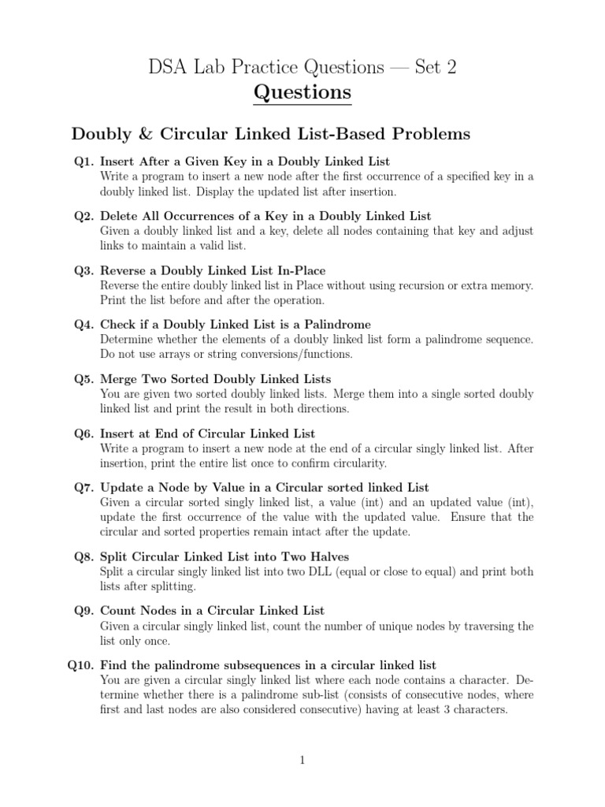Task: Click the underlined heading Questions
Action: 302,93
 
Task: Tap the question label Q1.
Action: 84,162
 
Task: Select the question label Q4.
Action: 84,325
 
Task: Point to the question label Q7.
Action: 84,488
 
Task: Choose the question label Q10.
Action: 81,665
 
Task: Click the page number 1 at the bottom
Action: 302,760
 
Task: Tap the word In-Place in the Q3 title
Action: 299,270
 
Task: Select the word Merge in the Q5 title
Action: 118,379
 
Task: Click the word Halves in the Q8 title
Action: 328,556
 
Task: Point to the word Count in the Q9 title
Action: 118,611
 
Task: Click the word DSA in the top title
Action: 171,68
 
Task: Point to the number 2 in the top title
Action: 451,68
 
